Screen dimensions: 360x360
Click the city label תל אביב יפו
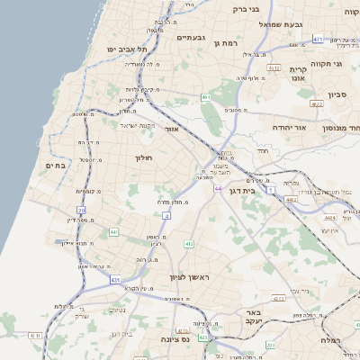tap(125, 49)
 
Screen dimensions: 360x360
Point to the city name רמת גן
tap(249, 43)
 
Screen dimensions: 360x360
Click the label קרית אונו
tap(298, 74)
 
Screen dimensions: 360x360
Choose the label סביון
tap(338, 94)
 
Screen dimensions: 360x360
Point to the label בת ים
tap(56, 166)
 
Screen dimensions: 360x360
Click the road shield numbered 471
tap(318, 39)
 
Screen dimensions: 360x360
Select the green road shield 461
tap(206, 97)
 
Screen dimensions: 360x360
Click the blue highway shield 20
tap(69, 211)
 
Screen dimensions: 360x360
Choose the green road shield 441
tap(114, 232)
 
